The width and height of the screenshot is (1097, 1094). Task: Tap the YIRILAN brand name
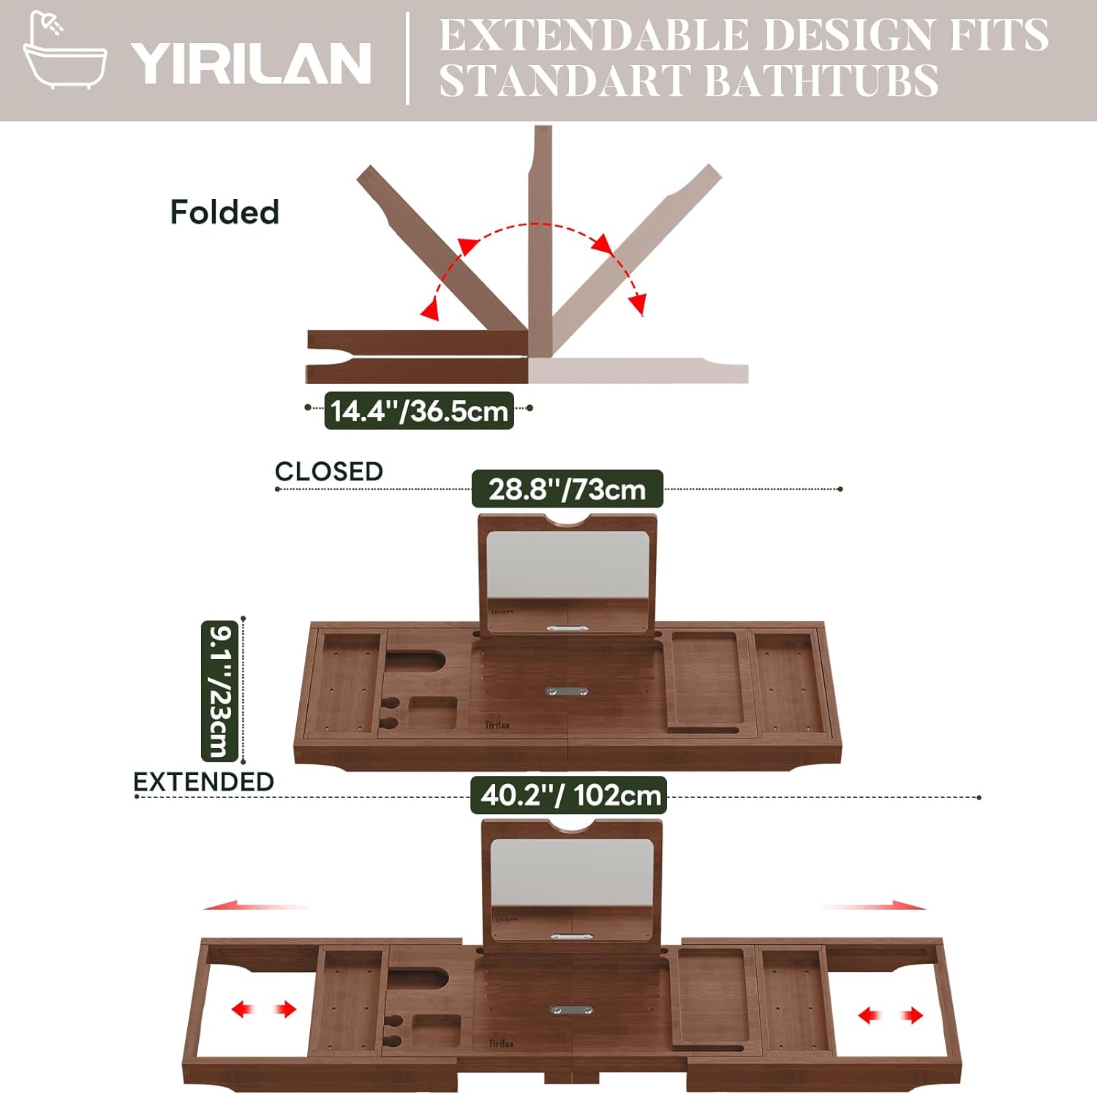(x=251, y=63)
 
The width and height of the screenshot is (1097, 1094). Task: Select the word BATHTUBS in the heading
(x=823, y=80)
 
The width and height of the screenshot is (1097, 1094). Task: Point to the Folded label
(x=225, y=212)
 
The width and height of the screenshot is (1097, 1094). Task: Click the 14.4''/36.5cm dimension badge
(x=419, y=410)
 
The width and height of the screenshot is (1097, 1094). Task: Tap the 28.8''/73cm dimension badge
(x=568, y=488)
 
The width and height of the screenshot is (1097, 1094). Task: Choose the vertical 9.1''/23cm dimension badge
(x=219, y=691)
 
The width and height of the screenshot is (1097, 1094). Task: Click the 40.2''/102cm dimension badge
(x=569, y=795)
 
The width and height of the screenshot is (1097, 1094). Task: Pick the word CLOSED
(x=329, y=472)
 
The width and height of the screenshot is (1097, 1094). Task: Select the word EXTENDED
(x=203, y=782)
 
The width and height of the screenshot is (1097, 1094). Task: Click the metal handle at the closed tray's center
(x=568, y=690)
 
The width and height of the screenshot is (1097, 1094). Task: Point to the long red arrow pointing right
(x=874, y=907)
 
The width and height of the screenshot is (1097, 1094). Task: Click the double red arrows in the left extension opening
(x=264, y=1010)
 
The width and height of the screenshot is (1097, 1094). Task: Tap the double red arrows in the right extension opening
(x=890, y=1015)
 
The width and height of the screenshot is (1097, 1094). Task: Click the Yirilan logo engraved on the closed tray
(x=497, y=725)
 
